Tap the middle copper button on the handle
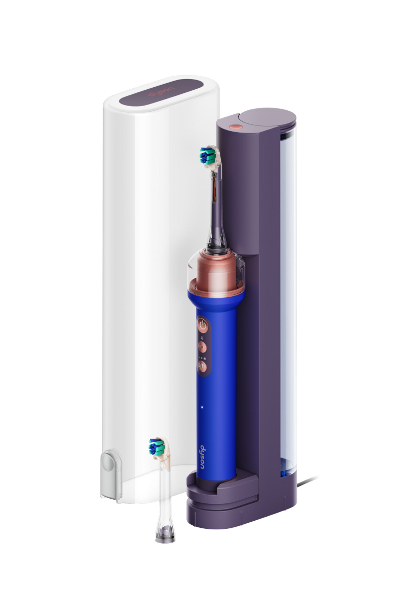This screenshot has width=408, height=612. [x=202, y=347]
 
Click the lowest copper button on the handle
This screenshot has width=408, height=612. [x=202, y=366]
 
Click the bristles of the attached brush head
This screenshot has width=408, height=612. [x=207, y=155]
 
